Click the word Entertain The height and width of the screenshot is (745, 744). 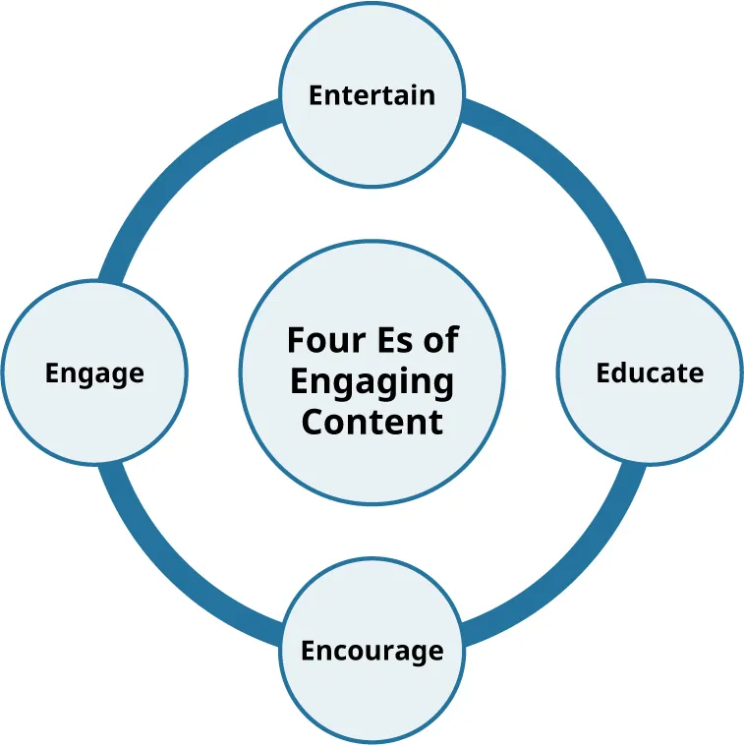[x=372, y=95]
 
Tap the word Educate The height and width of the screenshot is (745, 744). [x=650, y=372]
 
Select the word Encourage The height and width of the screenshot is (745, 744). [x=372, y=651]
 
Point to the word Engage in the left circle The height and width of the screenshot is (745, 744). [x=94, y=373]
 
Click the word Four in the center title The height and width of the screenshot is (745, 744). [x=318, y=340]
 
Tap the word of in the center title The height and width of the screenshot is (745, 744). [x=438, y=340]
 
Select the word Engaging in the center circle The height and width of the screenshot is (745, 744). [x=372, y=382]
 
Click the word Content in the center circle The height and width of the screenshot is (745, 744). [x=372, y=422]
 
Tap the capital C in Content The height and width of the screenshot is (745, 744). [x=312, y=422]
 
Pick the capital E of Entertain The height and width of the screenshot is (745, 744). [x=315, y=95]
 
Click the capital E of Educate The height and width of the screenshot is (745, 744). [x=603, y=372]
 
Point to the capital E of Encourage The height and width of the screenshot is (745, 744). [x=308, y=651]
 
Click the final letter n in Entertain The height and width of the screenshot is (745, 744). [x=428, y=96]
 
